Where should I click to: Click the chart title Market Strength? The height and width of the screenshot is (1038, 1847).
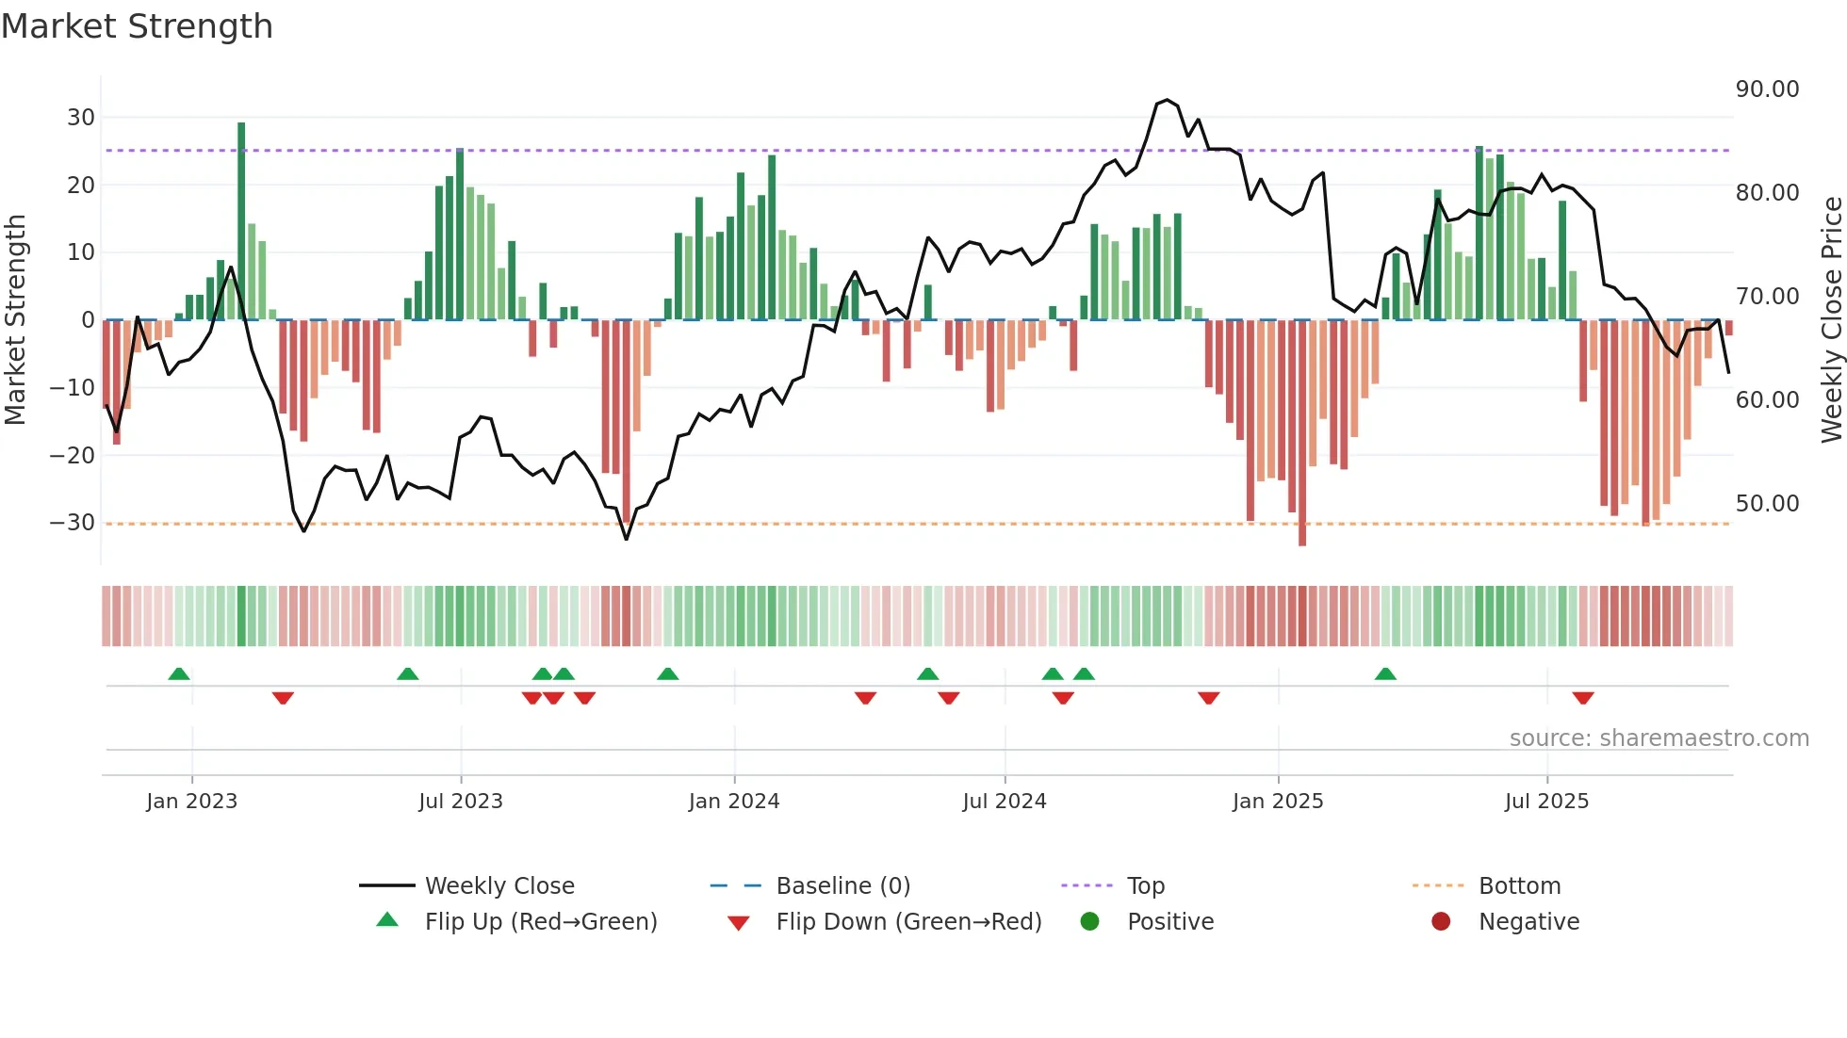pos(137,26)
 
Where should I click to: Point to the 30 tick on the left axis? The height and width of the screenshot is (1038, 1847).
pos(81,118)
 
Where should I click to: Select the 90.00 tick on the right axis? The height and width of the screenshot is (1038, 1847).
pos(1767,89)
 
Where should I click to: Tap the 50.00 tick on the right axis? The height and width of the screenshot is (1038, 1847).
pos(1767,504)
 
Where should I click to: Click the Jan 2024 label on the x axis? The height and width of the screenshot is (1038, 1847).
pos(734,802)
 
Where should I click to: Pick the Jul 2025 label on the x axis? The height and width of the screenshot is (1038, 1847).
pos(1546,802)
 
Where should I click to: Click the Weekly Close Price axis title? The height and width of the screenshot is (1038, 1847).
pos(1831,320)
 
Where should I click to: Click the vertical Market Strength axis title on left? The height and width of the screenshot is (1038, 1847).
pos(15,320)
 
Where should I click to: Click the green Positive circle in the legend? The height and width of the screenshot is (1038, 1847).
pos(1090,922)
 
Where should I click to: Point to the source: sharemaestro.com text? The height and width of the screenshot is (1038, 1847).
pos(1659,738)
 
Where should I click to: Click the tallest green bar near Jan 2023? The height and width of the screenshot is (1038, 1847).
pos(241,221)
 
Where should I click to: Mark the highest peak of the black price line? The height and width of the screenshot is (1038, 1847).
pos(1167,100)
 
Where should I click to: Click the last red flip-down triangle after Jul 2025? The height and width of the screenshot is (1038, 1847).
pos(1583,698)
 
